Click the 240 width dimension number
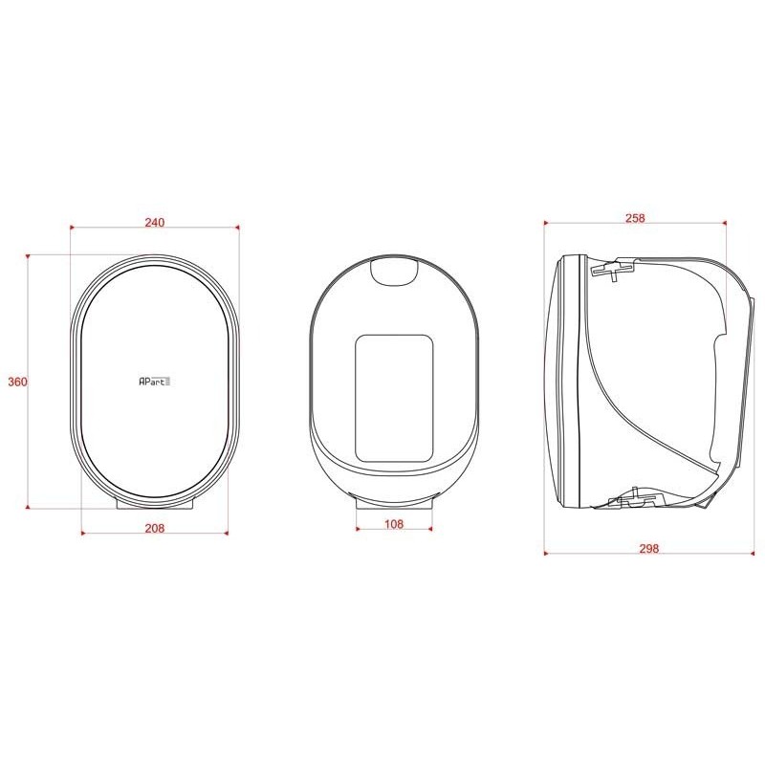(155, 222)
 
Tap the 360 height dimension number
(17, 382)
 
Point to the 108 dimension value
(394, 524)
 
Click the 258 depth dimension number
(635, 218)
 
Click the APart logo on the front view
(154, 381)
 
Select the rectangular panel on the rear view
(394, 397)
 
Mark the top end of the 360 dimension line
(29, 255)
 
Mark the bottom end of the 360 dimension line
(29, 506)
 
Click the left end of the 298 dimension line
(543, 552)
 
